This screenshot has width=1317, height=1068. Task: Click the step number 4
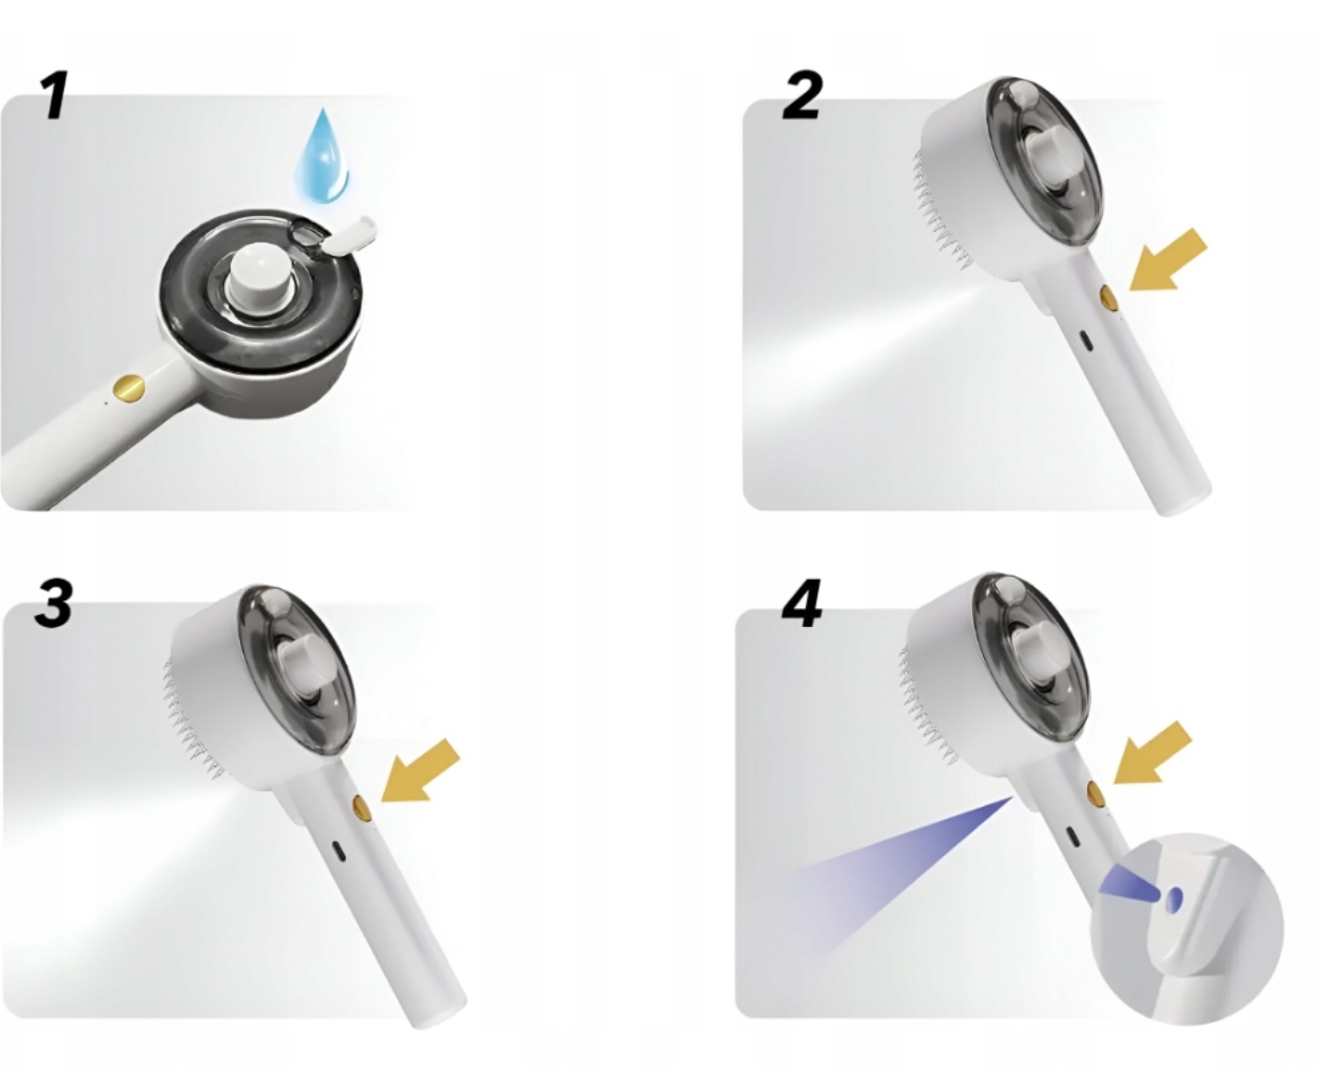802,603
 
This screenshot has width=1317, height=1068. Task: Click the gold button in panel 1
130,387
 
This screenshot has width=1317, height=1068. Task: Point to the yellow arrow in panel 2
1167,260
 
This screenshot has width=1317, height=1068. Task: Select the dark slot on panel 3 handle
338,850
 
